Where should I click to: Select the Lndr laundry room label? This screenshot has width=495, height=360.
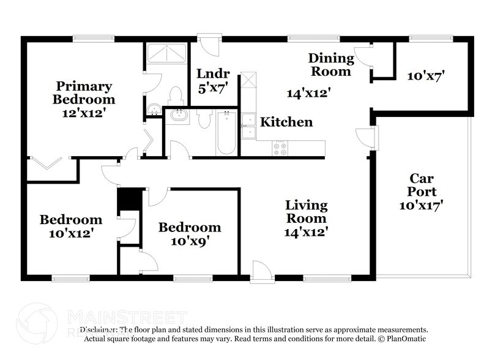tap(212, 73)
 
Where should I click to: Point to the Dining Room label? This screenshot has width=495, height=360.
tap(330, 64)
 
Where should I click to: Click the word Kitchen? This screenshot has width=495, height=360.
tap(286, 122)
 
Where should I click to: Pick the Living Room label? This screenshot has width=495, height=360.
tap(306, 212)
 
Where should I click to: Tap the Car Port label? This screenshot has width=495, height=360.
tap(421, 185)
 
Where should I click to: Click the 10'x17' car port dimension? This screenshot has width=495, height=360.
tap(421, 206)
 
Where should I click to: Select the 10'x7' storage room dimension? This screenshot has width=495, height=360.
tap(426, 76)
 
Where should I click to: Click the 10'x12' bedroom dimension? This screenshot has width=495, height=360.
tap(71, 233)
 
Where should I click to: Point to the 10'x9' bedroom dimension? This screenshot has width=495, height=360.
tap(190, 241)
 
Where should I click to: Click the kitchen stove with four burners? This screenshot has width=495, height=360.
tap(280, 148)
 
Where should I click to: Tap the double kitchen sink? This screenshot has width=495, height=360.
tap(248, 127)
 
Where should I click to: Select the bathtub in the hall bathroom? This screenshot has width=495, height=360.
tap(225, 132)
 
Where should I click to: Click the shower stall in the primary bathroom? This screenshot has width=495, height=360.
tap(167, 53)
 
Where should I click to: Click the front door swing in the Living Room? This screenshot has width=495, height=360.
tap(261, 271)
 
